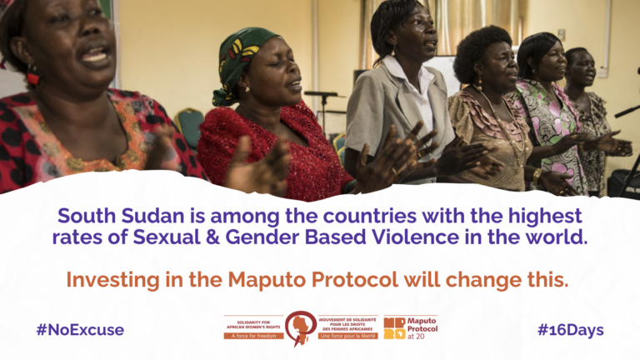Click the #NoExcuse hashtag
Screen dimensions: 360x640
80,330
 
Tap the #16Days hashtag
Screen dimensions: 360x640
570,330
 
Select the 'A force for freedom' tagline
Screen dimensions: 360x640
253,336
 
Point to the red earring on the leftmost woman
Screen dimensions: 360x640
33,78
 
